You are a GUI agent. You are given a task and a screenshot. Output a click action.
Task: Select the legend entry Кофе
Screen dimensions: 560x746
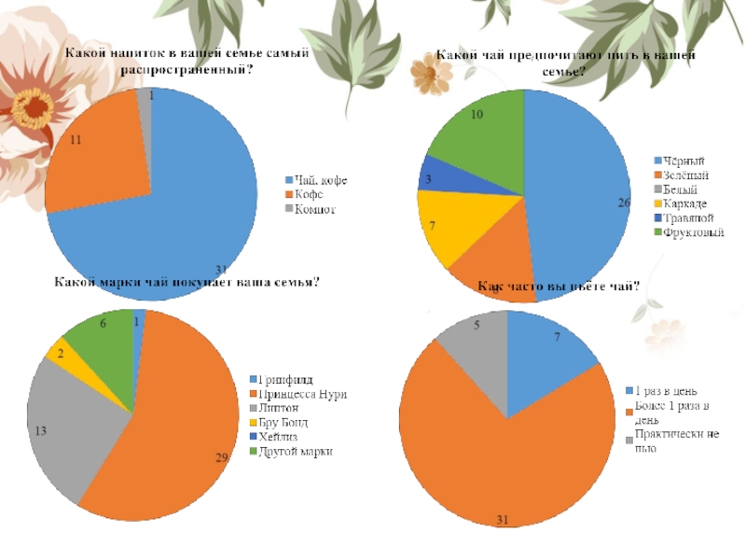308,194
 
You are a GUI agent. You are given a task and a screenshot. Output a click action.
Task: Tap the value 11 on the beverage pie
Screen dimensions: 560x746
76,140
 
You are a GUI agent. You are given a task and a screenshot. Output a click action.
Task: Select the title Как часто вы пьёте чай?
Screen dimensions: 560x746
558,287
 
